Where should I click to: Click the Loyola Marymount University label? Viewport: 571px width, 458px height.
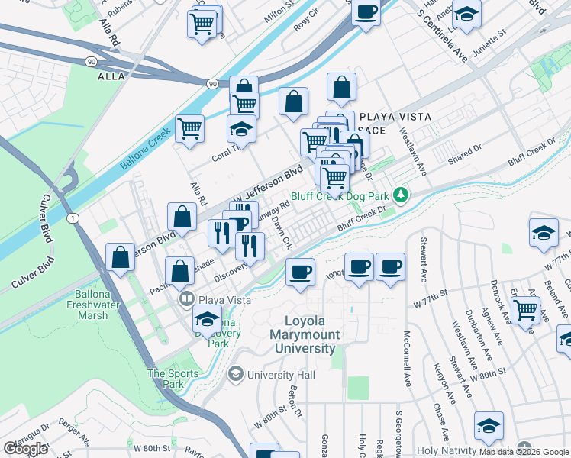[x=310, y=335]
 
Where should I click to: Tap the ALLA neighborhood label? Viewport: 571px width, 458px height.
[x=111, y=76]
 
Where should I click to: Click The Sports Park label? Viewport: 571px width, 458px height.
[x=166, y=379]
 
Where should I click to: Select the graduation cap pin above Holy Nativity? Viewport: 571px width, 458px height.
[x=489, y=427]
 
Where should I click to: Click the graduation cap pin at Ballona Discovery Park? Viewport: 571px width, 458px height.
[x=208, y=319]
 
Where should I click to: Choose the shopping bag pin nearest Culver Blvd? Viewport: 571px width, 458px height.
[x=121, y=258]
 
